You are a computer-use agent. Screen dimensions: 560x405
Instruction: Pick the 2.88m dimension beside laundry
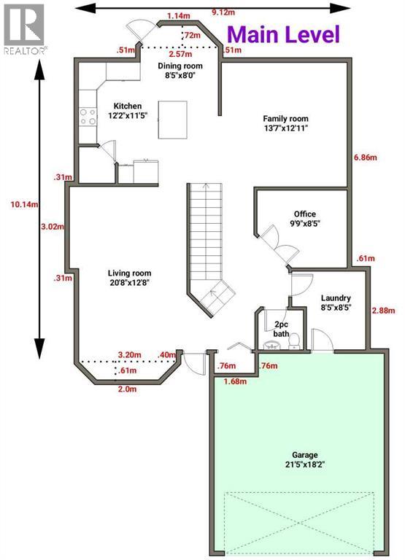(384, 311)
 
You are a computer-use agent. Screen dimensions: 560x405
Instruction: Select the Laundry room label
(336, 303)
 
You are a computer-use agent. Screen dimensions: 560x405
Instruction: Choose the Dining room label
(180, 70)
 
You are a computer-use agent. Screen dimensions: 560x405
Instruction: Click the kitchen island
(172, 119)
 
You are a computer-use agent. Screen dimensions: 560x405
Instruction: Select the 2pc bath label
(281, 329)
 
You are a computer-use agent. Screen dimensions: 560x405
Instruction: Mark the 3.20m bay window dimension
(128, 356)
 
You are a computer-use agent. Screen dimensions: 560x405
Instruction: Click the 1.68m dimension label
(235, 380)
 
